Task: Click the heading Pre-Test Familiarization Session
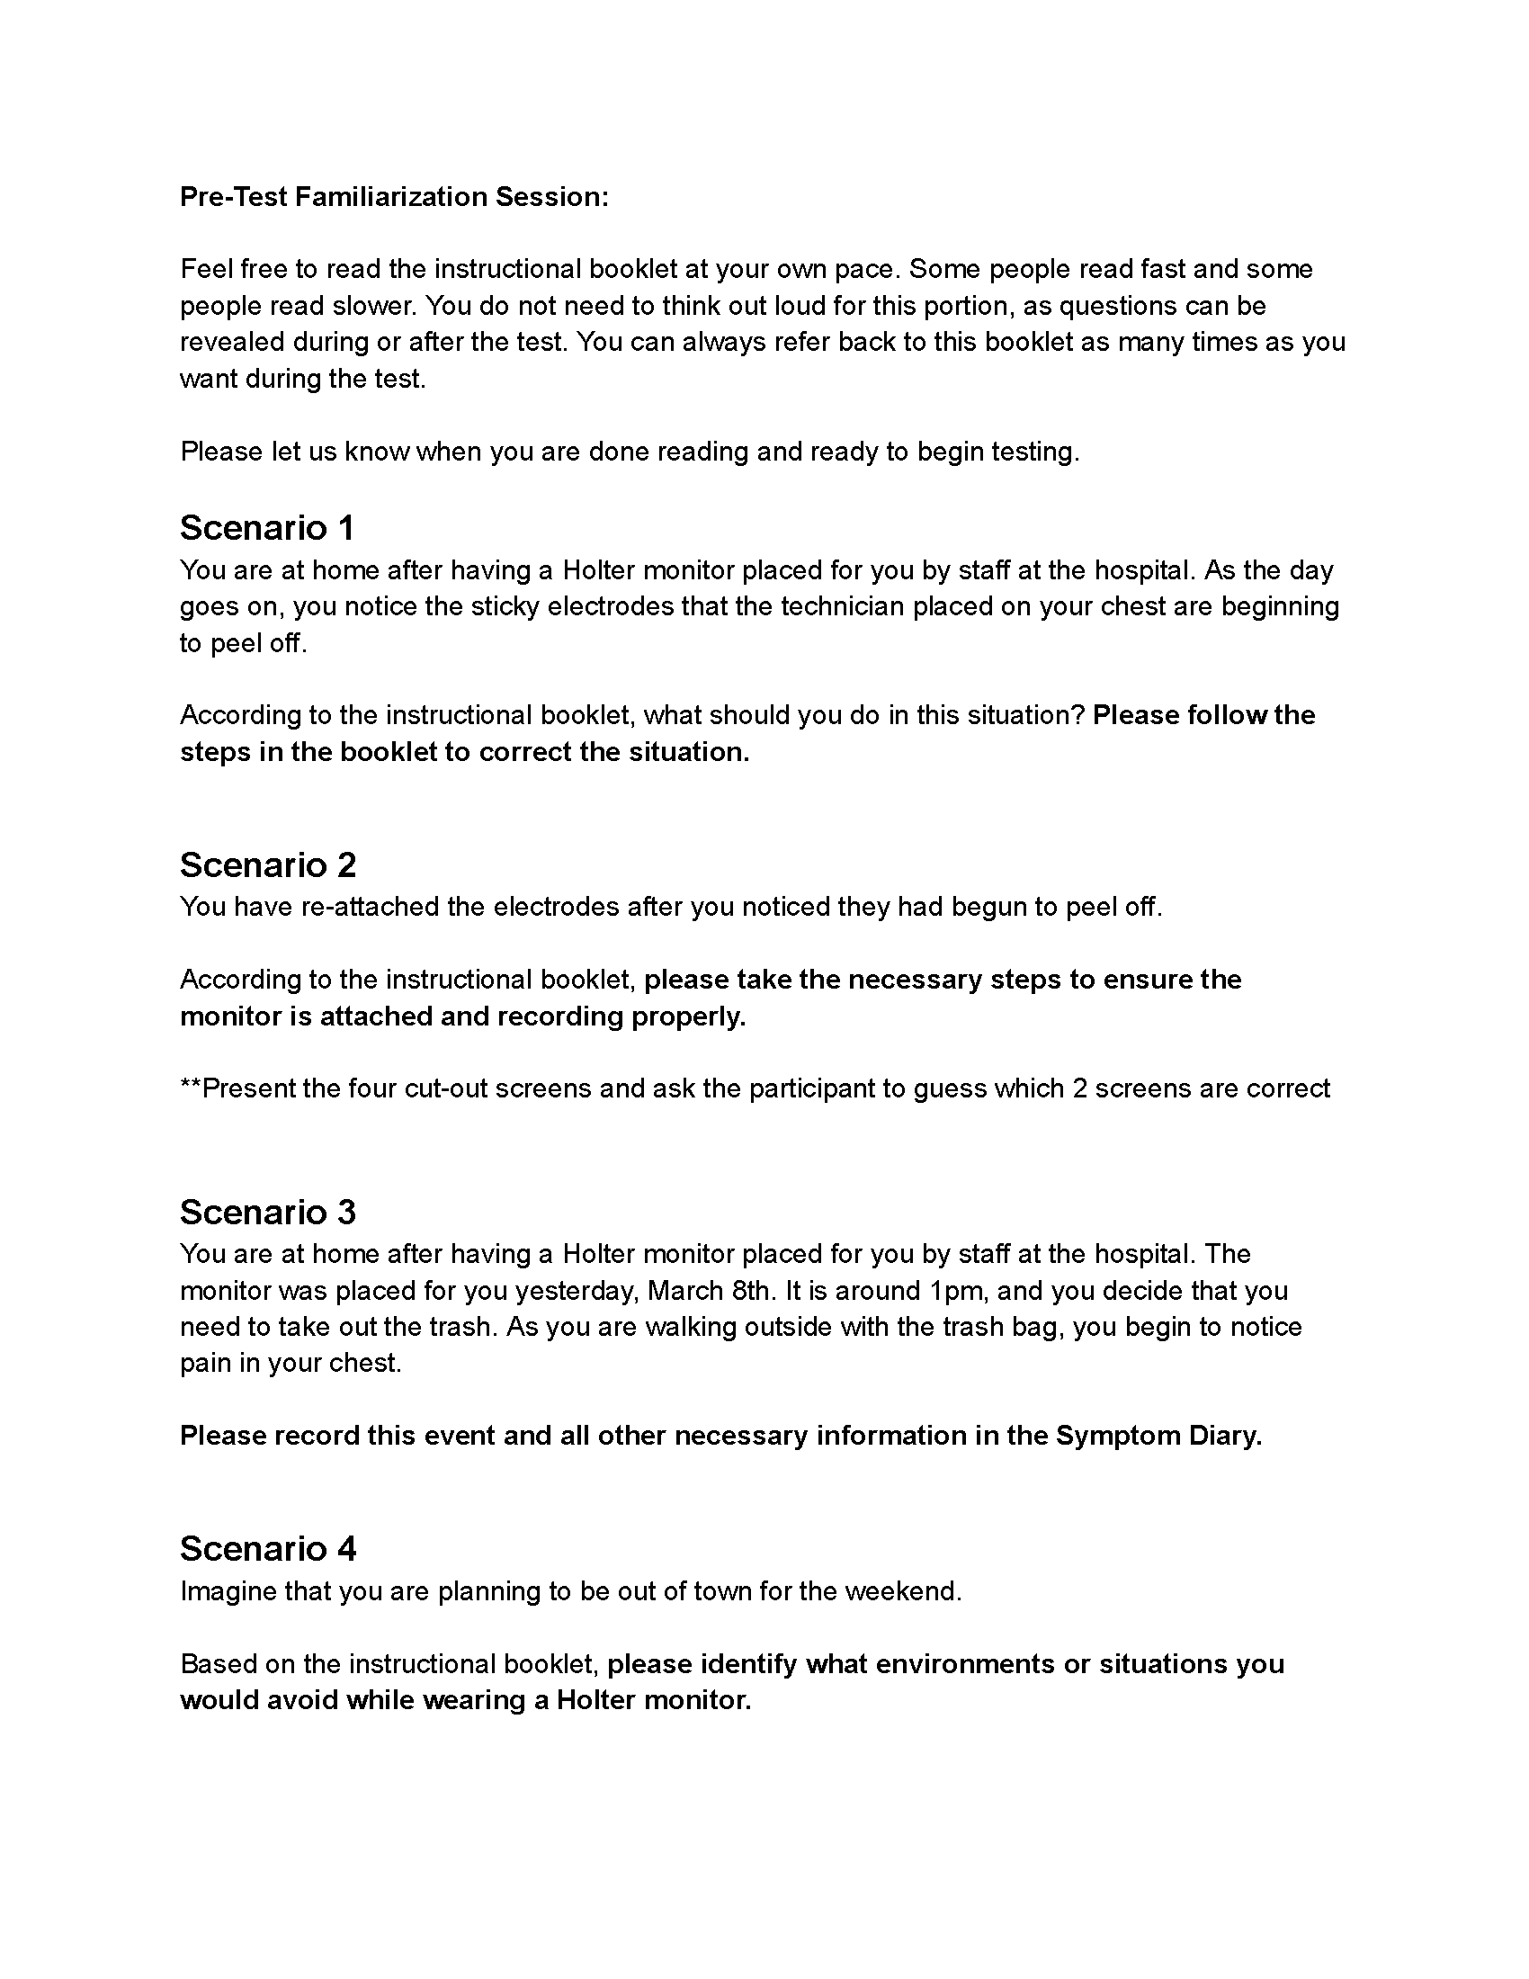(394, 197)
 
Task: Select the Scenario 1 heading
(267, 527)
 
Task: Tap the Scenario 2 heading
(268, 864)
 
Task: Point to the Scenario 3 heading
(268, 1212)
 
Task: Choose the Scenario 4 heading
(268, 1549)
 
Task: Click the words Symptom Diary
(1158, 1436)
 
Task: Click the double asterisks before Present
(190, 1088)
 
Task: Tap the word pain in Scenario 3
(205, 1363)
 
